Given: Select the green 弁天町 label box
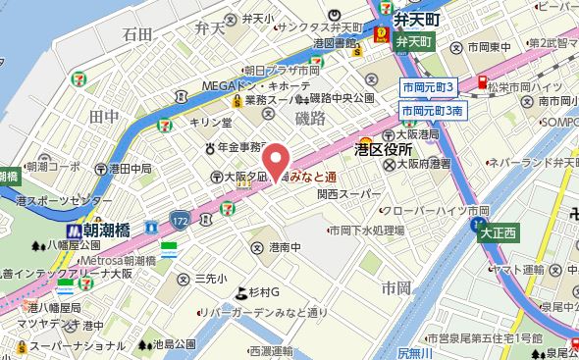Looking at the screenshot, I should point(415,42).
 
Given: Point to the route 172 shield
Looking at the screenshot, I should point(178,217).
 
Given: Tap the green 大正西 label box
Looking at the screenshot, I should point(499,234).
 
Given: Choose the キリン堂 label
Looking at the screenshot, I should point(212,122).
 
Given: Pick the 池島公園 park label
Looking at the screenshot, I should point(174,344).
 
